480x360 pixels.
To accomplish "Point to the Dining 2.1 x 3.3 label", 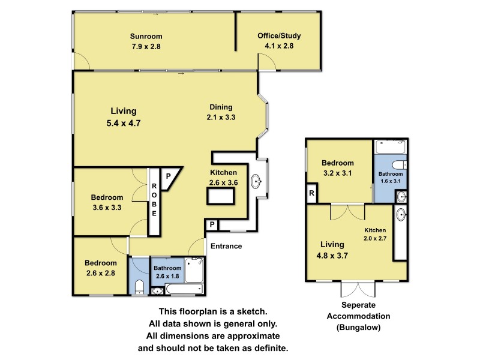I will [x=221, y=113].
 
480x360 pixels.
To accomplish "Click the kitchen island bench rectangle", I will [x=219, y=196].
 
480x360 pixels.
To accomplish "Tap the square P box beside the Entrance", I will [x=212, y=225].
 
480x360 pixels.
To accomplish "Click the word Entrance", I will [x=226, y=246].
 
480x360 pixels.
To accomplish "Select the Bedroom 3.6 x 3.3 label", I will [x=107, y=202].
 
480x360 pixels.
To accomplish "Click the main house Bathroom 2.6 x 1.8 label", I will [x=167, y=272].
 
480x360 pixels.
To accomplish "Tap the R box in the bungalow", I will [x=311, y=193].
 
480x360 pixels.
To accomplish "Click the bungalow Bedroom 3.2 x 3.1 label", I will [x=338, y=167].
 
